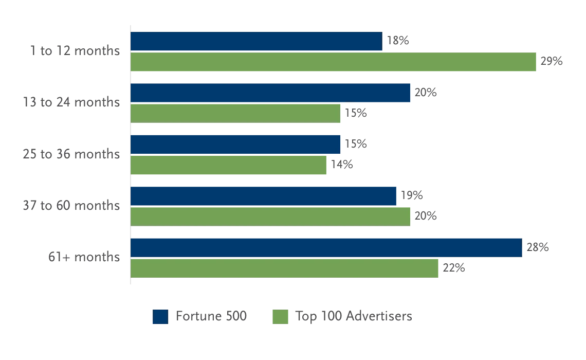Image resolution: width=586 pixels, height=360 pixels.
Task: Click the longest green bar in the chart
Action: click(x=334, y=63)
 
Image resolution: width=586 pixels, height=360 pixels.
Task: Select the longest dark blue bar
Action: click(x=326, y=247)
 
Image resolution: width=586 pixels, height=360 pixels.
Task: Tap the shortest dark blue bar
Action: click(x=235, y=145)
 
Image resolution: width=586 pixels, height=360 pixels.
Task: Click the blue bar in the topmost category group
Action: click(x=256, y=41)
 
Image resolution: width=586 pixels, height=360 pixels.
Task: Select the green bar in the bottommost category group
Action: click(x=285, y=268)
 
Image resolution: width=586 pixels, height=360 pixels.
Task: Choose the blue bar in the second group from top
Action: click(x=270, y=93)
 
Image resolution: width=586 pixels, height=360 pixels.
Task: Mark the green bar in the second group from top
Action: click(x=235, y=114)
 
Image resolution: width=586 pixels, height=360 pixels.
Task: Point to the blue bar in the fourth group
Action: click(x=264, y=196)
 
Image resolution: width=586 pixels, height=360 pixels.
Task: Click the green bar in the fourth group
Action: click(x=270, y=217)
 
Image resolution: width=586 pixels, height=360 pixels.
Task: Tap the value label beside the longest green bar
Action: click(x=551, y=61)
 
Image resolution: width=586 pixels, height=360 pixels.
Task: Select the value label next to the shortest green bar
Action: click(x=341, y=164)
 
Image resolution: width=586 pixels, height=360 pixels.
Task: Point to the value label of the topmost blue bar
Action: click(x=398, y=40)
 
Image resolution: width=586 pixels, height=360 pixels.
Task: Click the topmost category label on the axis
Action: click(x=77, y=52)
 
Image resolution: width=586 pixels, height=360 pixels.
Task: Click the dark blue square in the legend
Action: click(x=160, y=317)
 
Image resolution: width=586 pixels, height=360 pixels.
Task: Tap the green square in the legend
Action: click(x=279, y=317)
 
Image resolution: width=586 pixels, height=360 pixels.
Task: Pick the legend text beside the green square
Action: click(x=355, y=316)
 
